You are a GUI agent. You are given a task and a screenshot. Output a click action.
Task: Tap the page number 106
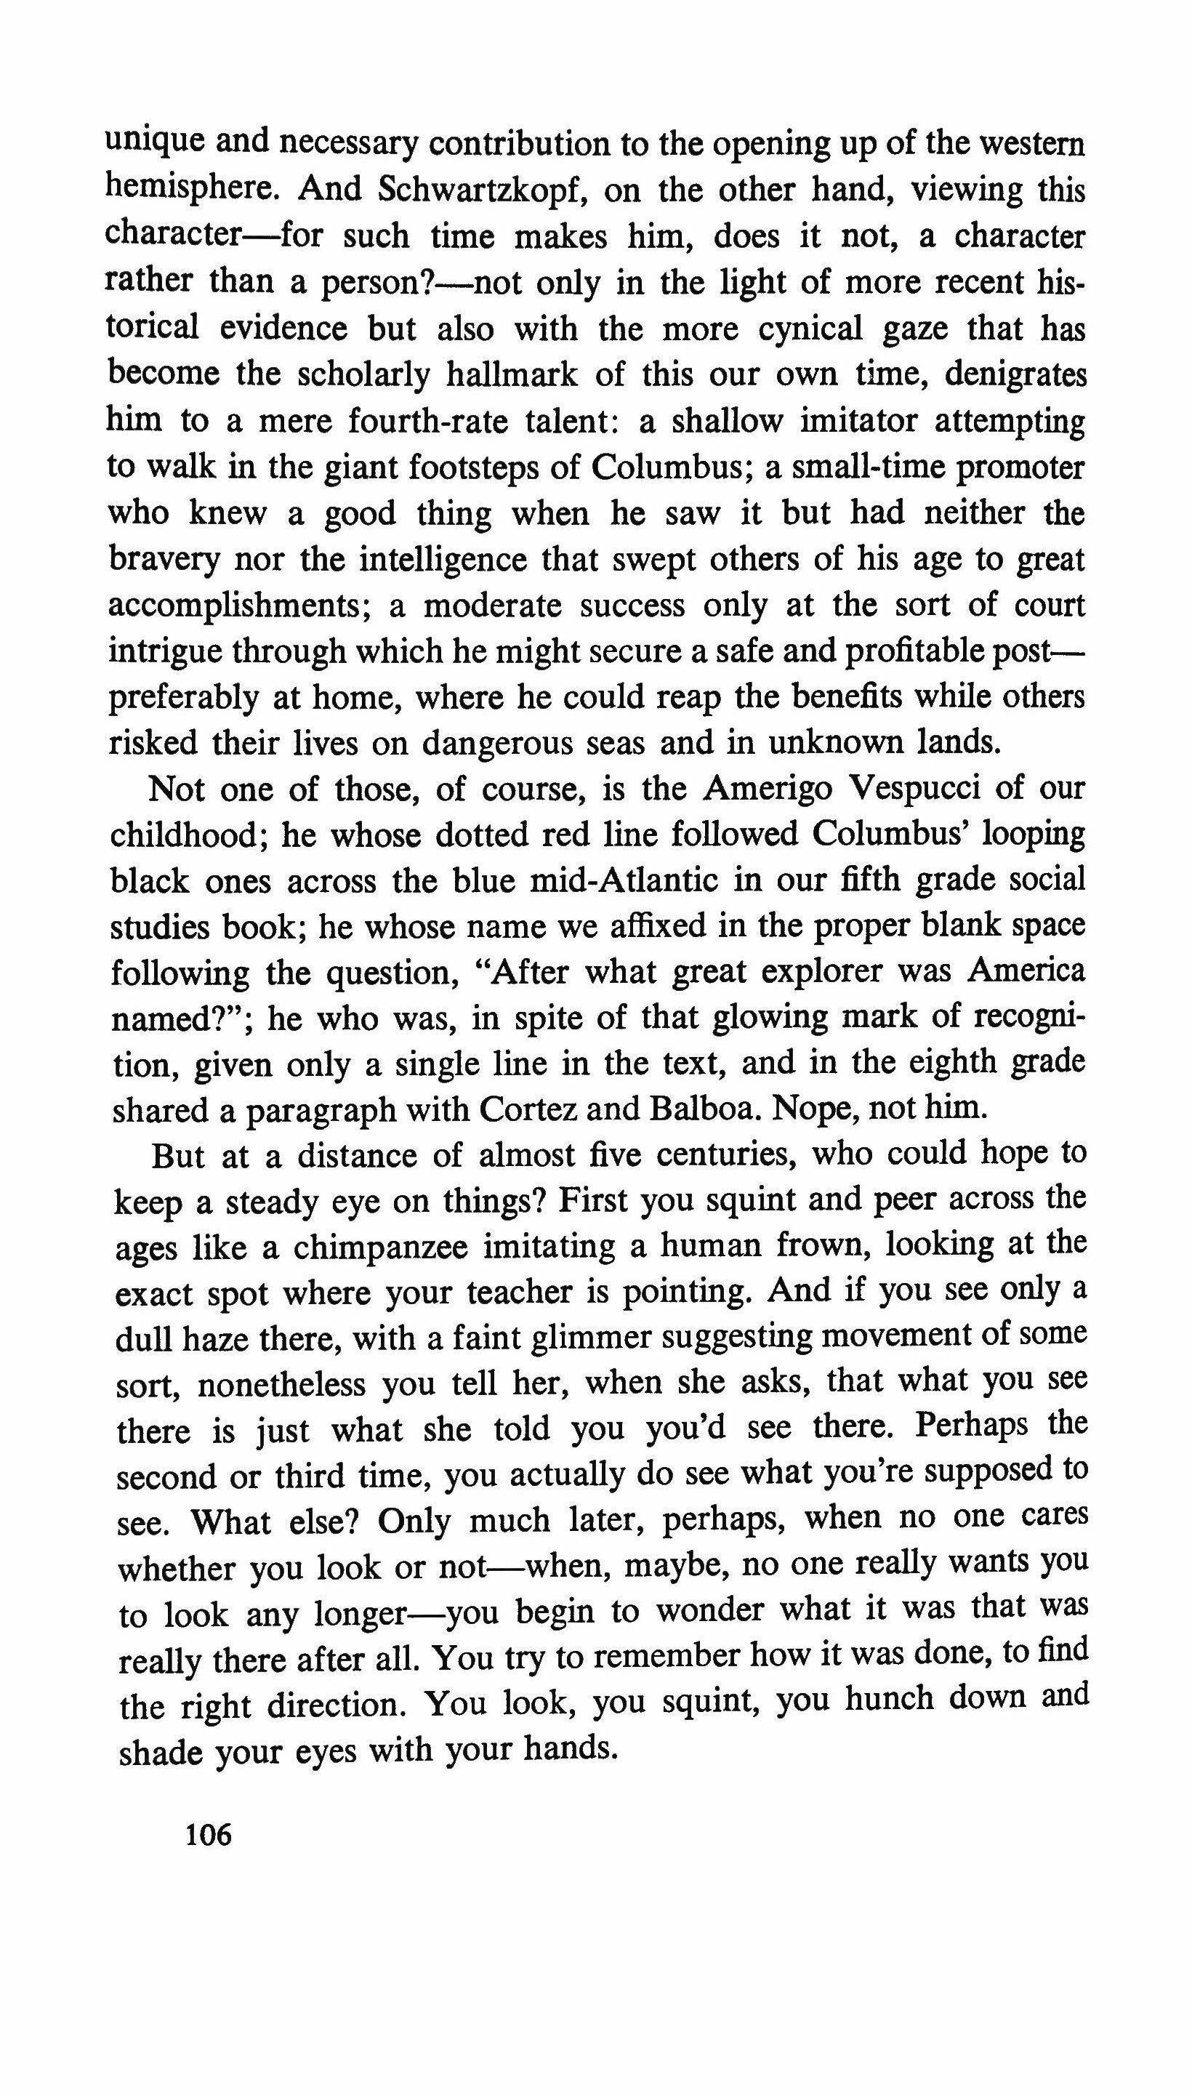pos(209,1836)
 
